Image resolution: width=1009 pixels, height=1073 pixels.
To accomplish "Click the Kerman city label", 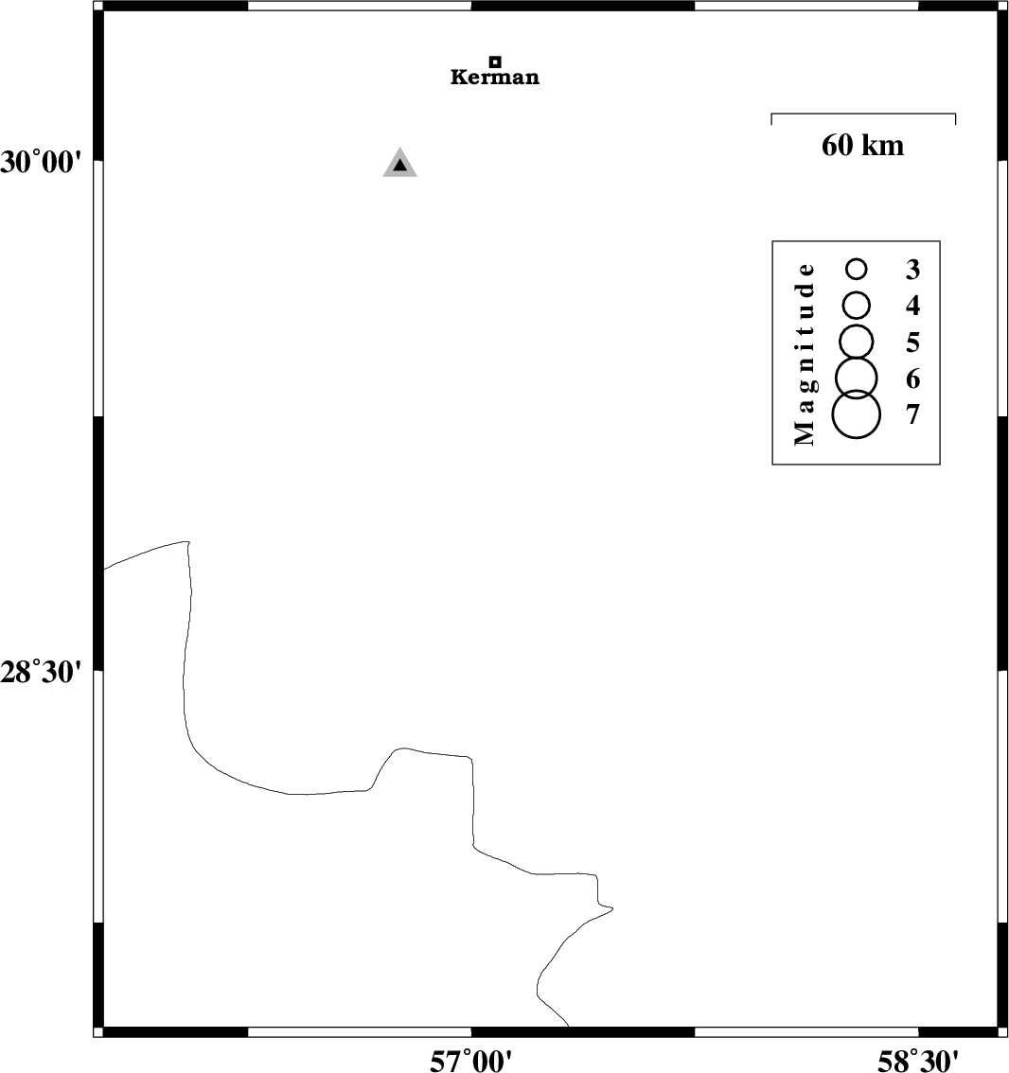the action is click(494, 77).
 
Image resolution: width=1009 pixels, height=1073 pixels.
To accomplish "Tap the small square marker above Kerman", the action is click(495, 62).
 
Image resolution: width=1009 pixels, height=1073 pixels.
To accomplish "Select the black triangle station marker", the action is click(399, 165).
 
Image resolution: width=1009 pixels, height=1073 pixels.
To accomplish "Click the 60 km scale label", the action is click(862, 145).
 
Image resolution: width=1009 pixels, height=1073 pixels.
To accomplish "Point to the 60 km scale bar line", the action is click(863, 114).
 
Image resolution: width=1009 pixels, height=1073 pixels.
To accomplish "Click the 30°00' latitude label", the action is click(41, 163).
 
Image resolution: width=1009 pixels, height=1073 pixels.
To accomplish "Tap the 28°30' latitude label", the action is click(41, 672).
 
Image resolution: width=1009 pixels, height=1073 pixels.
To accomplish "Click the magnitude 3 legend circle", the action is click(857, 260).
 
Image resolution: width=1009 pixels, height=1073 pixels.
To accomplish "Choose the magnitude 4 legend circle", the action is click(857, 292).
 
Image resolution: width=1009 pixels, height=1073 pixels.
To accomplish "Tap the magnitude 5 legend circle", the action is click(857, 325).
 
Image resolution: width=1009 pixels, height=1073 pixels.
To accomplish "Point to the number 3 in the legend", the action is click(912, 270).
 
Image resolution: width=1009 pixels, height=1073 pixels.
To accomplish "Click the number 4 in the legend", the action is click(912, 306).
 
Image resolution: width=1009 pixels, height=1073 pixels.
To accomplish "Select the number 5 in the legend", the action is click(912, 343).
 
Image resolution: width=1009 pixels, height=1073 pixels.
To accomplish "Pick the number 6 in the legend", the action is click(912, 378).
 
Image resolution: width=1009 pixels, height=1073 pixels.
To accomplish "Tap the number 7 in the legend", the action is click(912, 414).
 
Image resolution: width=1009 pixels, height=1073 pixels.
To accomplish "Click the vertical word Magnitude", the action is click(805, 354).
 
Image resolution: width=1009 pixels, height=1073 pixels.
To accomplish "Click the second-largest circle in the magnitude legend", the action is click(857, 358).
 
